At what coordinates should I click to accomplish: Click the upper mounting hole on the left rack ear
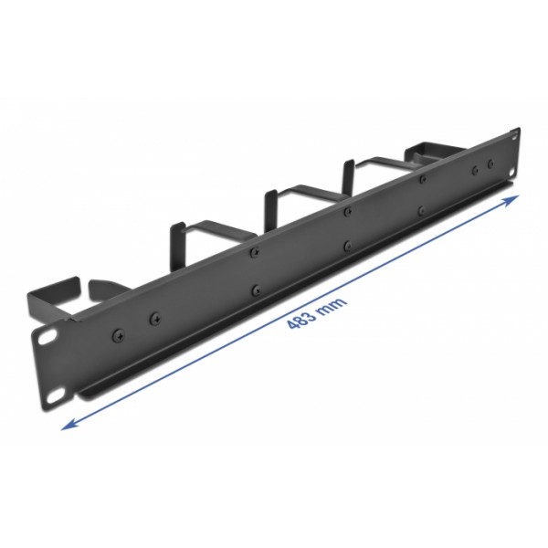coord(44,337)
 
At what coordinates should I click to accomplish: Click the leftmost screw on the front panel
coord(117,334)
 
